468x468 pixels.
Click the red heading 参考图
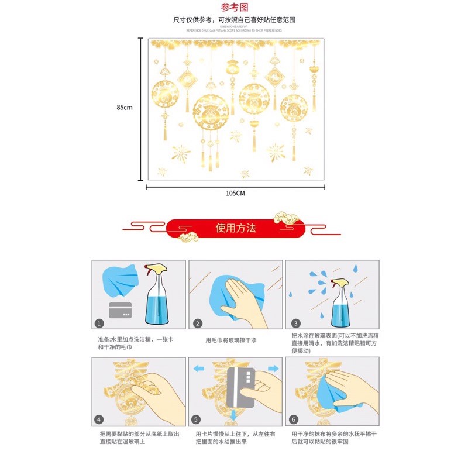234,8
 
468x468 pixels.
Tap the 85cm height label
125,108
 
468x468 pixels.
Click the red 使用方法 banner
235,228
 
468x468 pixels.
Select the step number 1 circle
99,324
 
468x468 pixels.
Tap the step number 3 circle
295,324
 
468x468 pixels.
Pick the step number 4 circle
99,420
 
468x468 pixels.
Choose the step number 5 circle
197,420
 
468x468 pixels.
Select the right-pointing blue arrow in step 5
273,369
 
